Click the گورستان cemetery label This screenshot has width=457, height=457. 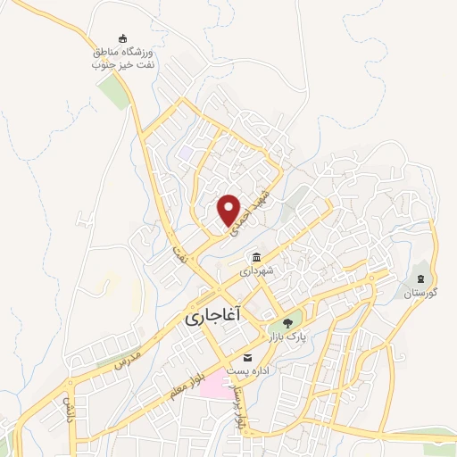point(420,293)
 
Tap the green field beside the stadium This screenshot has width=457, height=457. point(114,92)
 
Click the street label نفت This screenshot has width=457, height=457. point(180,253)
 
